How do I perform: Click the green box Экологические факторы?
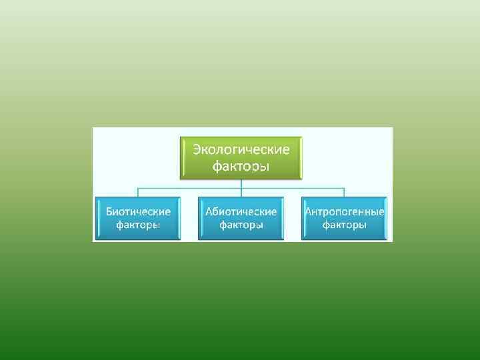pos(241,158)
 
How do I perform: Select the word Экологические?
pos(241,149)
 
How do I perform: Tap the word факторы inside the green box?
pos(241,166)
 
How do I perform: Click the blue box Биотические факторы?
pos(138,218)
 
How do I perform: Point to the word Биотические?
pos(138,211)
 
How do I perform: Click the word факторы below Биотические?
pos(138,225)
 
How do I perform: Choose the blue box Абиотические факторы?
pos(241,218)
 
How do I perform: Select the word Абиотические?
pos(241,211)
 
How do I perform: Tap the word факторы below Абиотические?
pos(241,225)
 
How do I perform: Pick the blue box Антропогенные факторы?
pos(344,218)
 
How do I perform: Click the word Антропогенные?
pos(344,211)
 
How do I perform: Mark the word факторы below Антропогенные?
pos(344,225)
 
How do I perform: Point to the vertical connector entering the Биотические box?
pos(138,193)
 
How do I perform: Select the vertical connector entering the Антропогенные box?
pos(344,193)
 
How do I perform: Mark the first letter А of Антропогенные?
pos(309,211)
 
